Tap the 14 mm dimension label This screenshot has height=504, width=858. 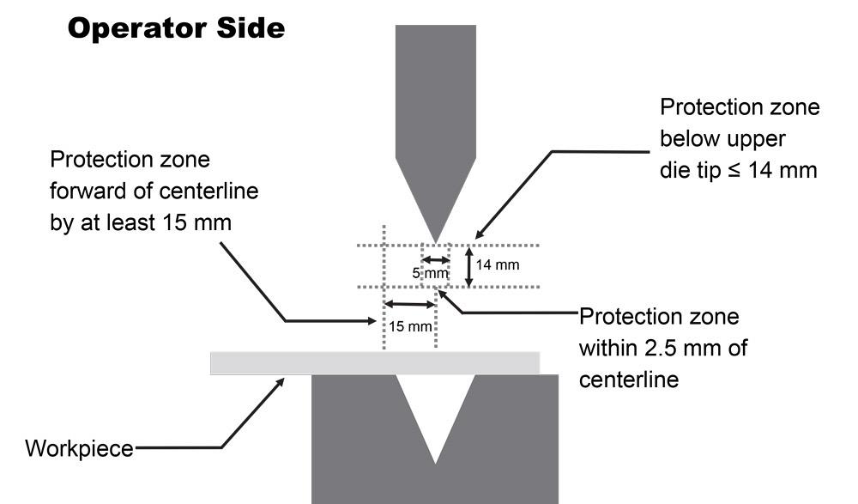pos(498,265)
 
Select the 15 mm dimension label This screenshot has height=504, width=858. pos(409,327)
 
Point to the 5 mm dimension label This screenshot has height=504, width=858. pos(431,273)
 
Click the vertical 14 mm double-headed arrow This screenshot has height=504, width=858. pos(468,266)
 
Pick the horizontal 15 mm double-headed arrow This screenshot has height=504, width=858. pos(410,304)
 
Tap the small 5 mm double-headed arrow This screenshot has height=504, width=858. pos(436,259)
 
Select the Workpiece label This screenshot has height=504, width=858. pos(80,448)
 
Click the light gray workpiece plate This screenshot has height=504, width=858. pos(375,363)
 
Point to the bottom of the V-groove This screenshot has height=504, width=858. pos(437,462)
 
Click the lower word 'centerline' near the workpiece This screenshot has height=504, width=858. pos(629,379)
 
